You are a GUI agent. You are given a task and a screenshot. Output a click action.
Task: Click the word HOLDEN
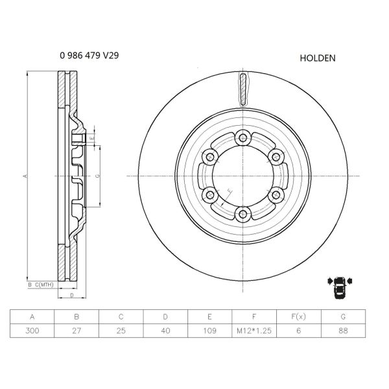coord(317,58)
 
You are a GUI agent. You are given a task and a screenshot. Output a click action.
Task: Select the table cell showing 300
coord(32,331)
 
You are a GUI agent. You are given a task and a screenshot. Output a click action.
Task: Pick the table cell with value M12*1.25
coord(254,331)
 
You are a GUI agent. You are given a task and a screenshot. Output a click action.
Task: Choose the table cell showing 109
coord(210,331)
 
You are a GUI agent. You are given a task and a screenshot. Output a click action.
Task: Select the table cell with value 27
coord(77,331)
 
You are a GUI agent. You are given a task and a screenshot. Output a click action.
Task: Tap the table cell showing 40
coord(165,331)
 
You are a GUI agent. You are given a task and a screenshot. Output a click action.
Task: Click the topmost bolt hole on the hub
coord(242,136)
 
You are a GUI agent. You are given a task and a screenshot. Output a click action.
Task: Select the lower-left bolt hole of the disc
coord(208,196)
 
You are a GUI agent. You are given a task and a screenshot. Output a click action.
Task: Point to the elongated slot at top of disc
coord(242,89)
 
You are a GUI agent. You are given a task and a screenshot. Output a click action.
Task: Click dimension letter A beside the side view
coord(25,176)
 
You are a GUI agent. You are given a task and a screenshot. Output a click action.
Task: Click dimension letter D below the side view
coord(72,296)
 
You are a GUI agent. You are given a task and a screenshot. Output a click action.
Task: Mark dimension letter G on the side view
coord(97,176)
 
